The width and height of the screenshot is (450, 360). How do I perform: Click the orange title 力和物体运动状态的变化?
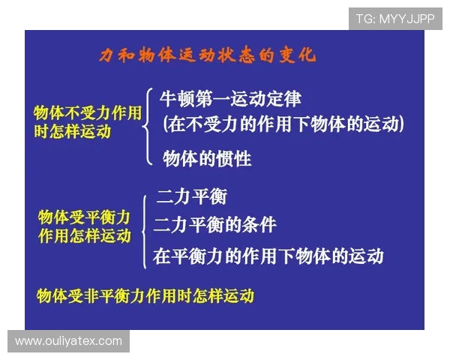point(208,56)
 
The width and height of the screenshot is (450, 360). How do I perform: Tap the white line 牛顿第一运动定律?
point(230,99)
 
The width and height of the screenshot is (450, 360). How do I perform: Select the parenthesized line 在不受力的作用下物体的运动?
point(283,124)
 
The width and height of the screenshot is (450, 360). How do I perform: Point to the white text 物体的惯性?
point(207,159)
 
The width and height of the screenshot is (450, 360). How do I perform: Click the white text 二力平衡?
point(191,198)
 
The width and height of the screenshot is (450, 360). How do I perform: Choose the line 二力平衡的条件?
point(215,225)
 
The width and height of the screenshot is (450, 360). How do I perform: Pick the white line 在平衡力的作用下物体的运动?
point(268,256)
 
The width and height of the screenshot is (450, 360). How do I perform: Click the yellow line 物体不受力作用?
point(88,113)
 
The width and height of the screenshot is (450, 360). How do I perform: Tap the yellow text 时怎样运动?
point(72,131)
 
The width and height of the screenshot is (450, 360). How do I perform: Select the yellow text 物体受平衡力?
point(84,217)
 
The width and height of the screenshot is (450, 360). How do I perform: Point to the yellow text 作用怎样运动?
point(84,235)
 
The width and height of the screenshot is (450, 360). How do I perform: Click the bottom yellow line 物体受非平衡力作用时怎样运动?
point(145,295)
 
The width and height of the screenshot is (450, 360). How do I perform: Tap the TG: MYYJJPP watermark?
point(394,19)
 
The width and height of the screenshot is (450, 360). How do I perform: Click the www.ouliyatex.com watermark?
point(68,341)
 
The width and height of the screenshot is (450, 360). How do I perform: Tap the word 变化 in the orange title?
point(298,56)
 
